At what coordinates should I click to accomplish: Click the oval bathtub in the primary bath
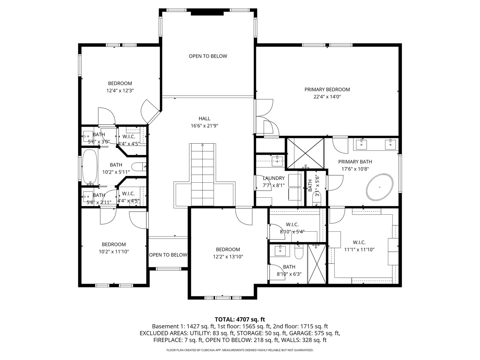(x=380, y=187)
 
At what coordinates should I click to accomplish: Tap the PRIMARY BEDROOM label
(x=327, y=89)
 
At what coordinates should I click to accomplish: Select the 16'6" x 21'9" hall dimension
(x=204, y=126)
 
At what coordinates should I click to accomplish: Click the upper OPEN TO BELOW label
(x=208, y=56)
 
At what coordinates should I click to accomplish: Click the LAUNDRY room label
(x=273, y=178)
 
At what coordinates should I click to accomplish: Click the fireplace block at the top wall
(x=207, y=13)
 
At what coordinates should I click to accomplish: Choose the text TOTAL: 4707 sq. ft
(x=240, y=319)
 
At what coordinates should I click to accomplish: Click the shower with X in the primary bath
(x=305, y=153)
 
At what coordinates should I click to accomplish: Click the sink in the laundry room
(x=277, y=161)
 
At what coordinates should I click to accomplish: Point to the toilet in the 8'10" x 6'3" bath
(x=299, y=253)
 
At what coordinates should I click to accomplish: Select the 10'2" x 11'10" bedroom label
(x=114, y=244)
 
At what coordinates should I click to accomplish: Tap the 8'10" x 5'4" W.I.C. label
(x=292, y=225)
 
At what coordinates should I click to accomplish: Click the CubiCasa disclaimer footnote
(x=240, y=350)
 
